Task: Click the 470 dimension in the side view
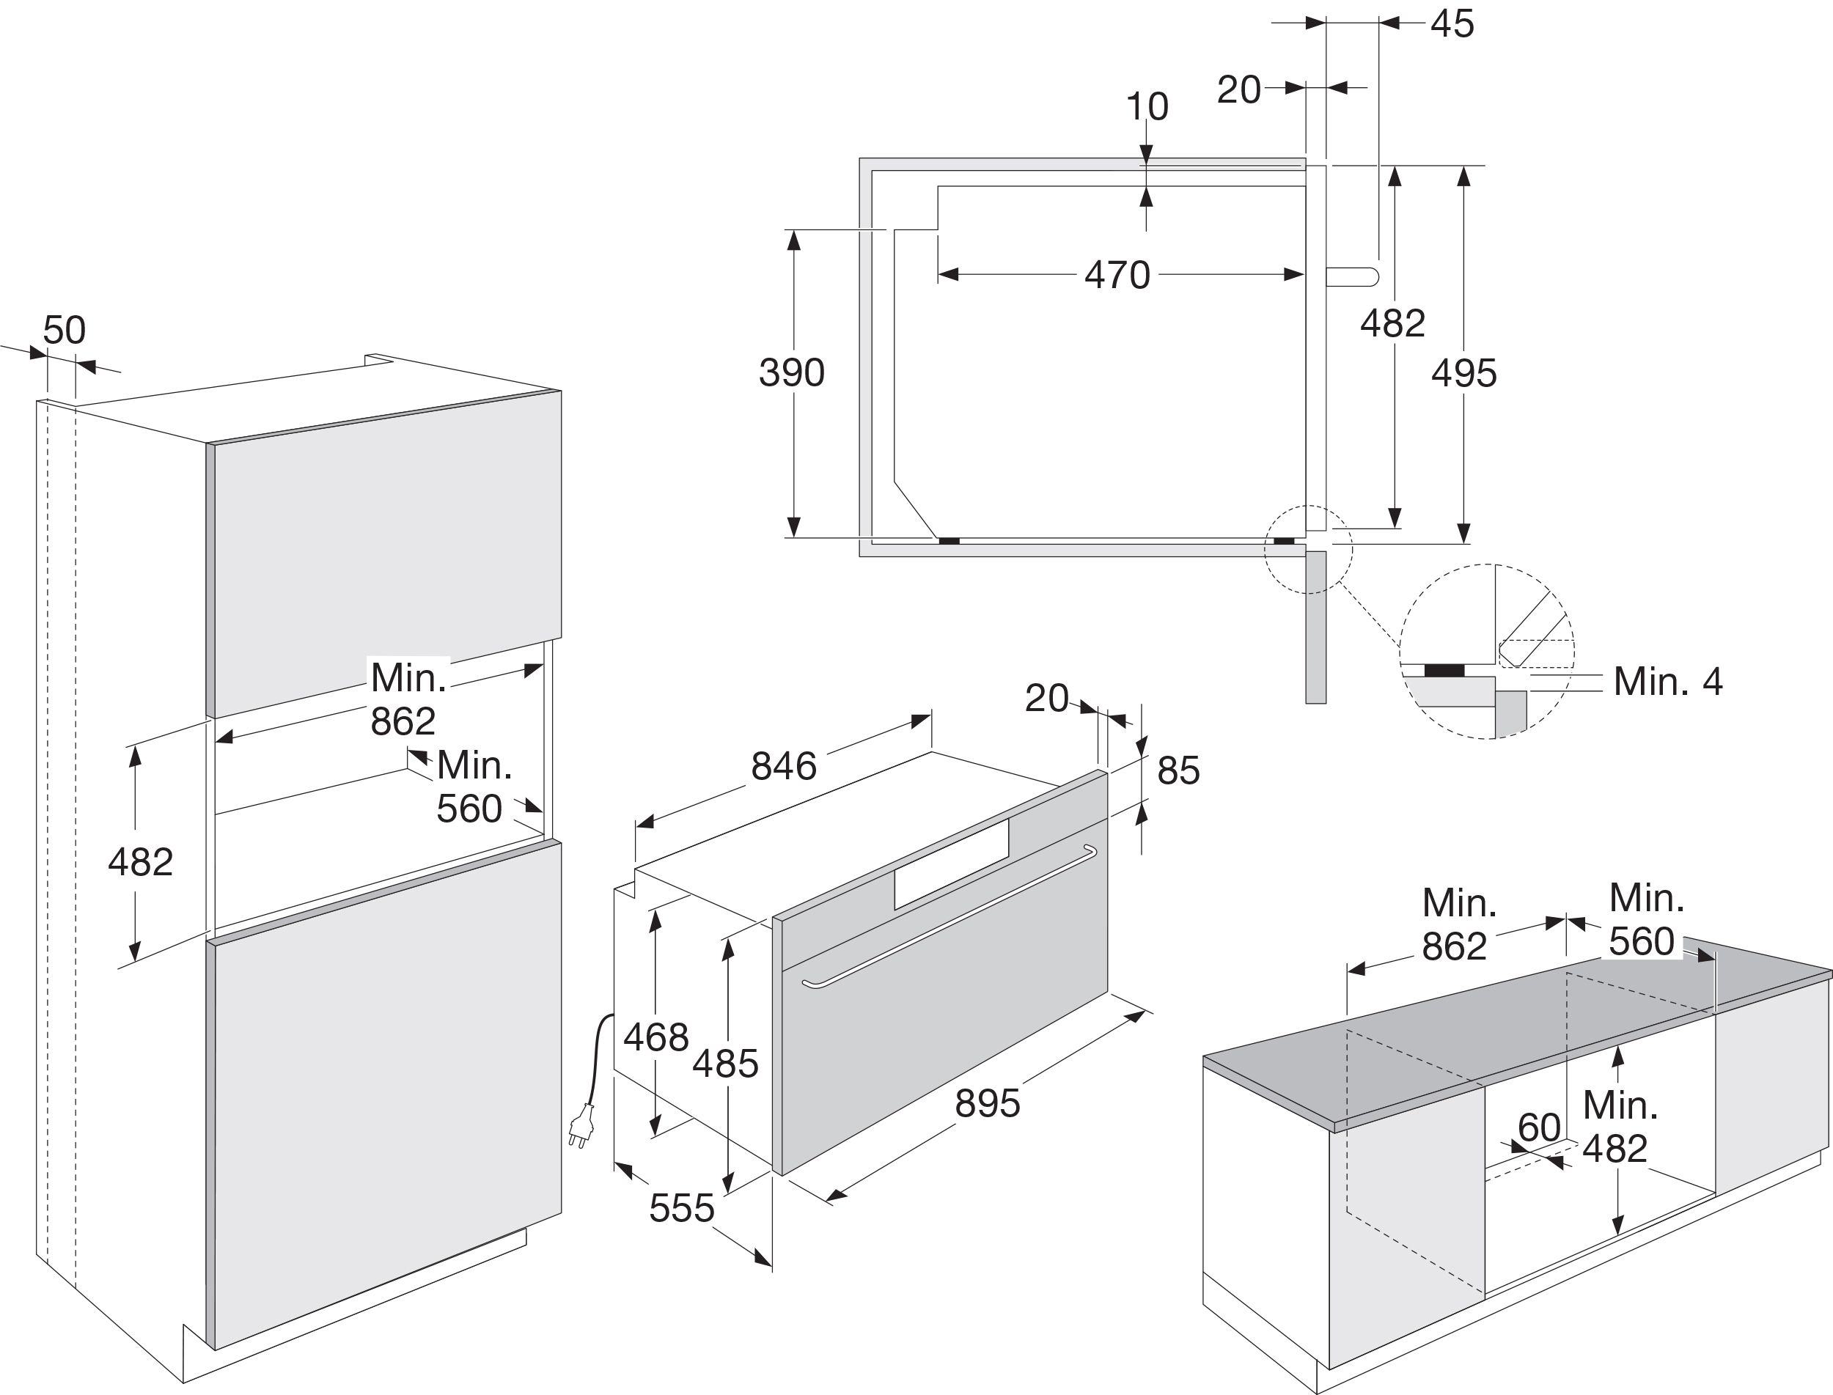1117,275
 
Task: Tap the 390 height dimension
792,373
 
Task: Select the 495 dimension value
1463,374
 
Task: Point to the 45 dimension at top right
1452,24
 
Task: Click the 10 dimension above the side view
1147,106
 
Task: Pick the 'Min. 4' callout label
1668,682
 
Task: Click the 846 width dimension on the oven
783,765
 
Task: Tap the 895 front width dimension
988,1103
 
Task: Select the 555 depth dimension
682,1208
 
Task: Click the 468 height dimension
656,1037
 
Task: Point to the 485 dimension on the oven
726,1063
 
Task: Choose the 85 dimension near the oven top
1178,770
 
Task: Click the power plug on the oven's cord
581,1125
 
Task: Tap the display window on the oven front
951,864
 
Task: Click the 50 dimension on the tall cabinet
64,331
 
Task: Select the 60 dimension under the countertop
1539,1127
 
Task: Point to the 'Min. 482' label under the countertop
1620,1127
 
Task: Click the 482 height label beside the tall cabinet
140,862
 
